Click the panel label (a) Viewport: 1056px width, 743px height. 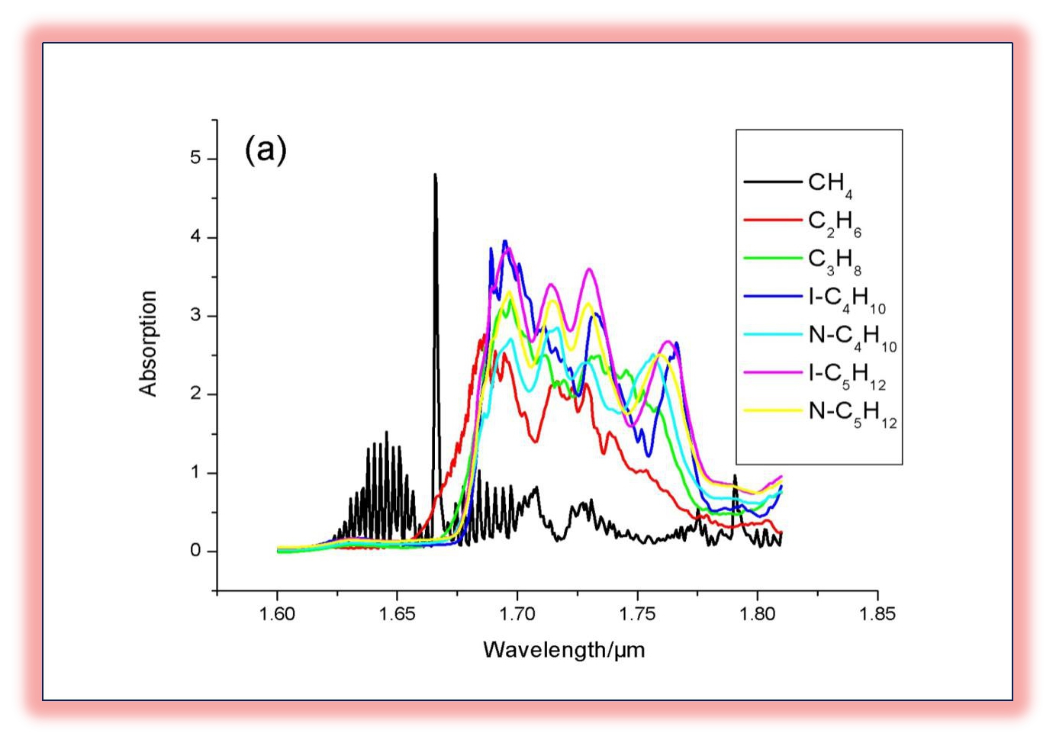click(266, 150)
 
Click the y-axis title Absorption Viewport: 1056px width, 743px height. click(148, 343)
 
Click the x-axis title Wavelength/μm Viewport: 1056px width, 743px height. click(564, 650)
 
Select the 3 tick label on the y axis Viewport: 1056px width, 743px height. click(196, 315)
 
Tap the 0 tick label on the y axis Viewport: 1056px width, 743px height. click(196, 551)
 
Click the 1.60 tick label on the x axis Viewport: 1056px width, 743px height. click(277, 614)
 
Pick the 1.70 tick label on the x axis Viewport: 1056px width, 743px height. click(517, 614)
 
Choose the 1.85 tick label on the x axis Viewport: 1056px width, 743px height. click(877, 614)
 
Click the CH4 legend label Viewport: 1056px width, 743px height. click(830, 184)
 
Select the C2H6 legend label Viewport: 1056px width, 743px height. click(834, 222)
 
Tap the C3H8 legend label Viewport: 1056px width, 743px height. click(834, 260)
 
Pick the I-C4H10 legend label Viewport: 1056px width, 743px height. click(847, 298)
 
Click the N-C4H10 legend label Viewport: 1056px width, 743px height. click(852, 336)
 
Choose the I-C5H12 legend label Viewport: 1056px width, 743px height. click(847, 375)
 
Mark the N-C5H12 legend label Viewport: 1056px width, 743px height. click(852, 413)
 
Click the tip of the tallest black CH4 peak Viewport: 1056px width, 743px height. click(435, 175)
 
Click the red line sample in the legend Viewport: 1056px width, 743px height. click(772, 220)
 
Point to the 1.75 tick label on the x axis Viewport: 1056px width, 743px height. click(637, 614)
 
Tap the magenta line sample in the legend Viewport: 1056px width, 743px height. click(772, 373)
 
